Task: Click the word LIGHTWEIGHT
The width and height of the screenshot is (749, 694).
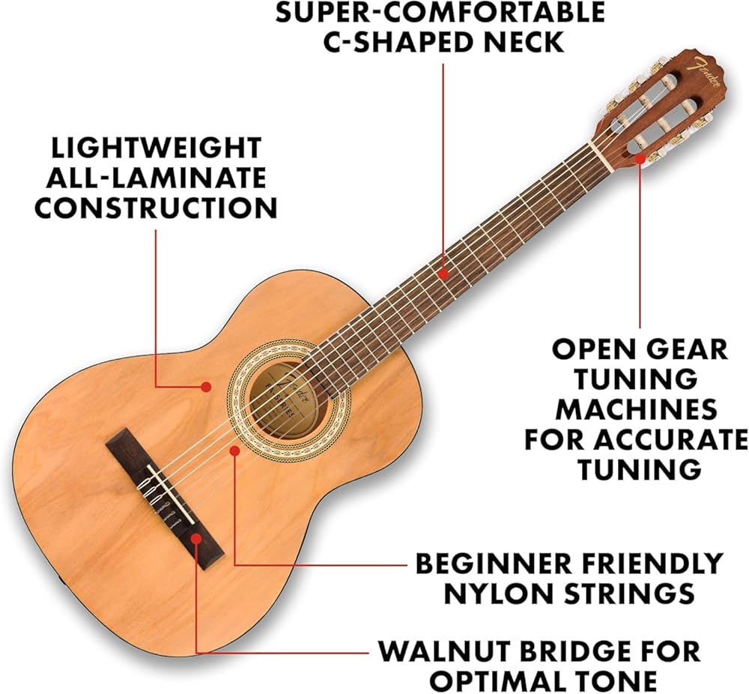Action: pos(156,148)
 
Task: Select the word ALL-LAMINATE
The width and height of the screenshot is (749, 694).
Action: pos(156,178)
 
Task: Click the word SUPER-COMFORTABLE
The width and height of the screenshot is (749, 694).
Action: pos(440,12)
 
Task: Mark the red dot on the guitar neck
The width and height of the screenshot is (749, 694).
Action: pos(443,275)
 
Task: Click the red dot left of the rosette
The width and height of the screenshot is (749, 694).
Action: pos(206,387)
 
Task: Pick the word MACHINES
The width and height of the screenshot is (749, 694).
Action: pos(636,409)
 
